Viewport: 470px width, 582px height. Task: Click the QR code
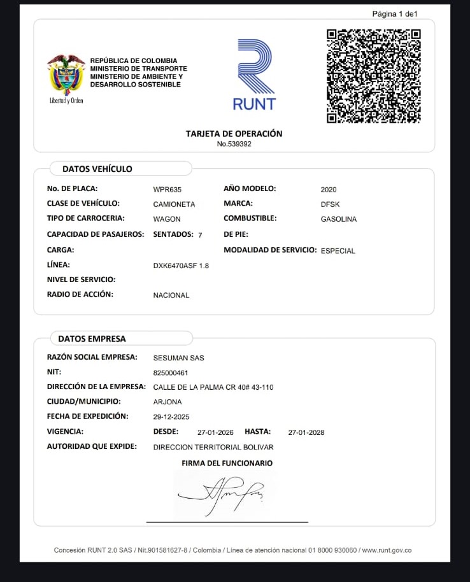point(373,76)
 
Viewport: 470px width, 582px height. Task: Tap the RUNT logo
point(254,75)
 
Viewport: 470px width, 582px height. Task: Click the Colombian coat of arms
point(66,75)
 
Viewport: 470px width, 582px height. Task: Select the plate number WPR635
point(168,190)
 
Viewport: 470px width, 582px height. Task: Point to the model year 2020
point(329,190)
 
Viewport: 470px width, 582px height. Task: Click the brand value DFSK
point(331,205)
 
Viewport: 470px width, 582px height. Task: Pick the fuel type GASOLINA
point(339,220)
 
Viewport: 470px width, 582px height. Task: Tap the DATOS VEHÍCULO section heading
point(97,169)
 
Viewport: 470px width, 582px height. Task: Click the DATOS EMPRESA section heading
point(92,339)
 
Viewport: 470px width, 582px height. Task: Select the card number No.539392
point(234,145)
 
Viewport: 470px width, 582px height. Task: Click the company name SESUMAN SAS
point(179,358)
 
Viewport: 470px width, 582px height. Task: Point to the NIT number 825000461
point(171,373)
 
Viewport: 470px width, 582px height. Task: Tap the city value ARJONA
point(167,402)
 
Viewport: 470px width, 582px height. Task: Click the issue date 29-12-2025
point(171,417)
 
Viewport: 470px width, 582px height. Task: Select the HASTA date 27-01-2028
point(306,433)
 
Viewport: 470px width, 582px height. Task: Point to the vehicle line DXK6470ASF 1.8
point(181,266)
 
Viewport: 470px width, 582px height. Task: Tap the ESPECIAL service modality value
point(338,251)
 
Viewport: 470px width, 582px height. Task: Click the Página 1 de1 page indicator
point(395,14)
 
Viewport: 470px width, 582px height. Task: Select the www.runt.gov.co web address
point(387,550)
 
